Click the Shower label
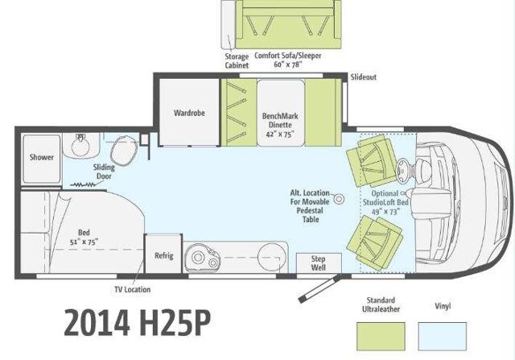pos(41,157)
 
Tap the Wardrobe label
pos(189,113)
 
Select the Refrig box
pos(163,254)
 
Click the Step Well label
pos(319,263)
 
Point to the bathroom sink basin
pos(80,146)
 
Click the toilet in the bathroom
pos(123,151)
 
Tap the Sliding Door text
pos(104,172)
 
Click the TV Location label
pos(133,290)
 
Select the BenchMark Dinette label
pos(280,120)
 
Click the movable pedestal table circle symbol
pos(339,199)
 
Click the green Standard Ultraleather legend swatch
pos(381,337)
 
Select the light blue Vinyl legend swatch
pos(442,337)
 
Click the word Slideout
pos(363,77)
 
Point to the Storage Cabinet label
pos(237,61)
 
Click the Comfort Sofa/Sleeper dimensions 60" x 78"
pos(288,64)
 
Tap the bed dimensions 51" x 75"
pos(84,242)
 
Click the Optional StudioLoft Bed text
pos(385,197)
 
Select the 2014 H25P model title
pos(137,322)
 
